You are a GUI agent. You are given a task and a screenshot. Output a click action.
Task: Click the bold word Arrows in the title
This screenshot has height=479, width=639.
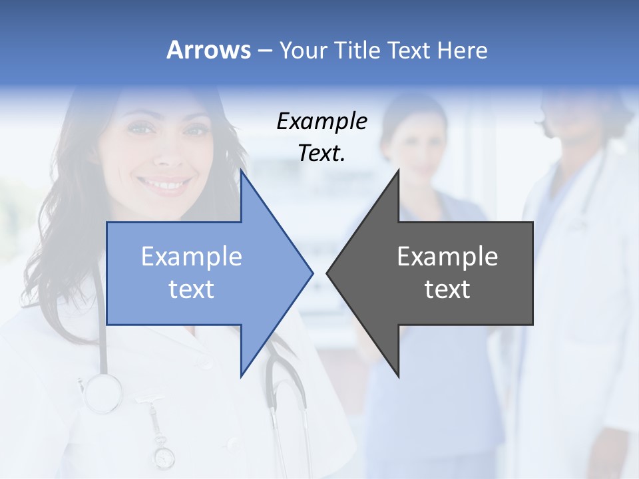208,50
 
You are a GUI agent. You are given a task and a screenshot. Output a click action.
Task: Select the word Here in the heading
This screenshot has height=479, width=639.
462,50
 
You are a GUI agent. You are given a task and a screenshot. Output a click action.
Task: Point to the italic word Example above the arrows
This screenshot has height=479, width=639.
321,122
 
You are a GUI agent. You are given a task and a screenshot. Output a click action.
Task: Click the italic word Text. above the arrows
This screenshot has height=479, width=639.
321,154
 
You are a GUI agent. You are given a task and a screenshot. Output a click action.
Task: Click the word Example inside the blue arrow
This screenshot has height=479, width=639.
191,257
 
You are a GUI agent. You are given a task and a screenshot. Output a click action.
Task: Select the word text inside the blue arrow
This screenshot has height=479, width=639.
191,289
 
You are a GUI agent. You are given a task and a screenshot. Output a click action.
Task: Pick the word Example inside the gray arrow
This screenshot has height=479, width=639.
447,257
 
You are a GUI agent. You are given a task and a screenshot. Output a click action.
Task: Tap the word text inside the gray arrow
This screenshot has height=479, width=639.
447,289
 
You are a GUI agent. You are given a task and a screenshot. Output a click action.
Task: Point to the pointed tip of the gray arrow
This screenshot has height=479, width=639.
327,273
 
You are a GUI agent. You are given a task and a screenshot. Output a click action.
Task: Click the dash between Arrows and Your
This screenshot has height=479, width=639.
264,51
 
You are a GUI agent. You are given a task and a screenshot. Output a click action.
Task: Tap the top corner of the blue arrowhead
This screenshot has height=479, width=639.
242,172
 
